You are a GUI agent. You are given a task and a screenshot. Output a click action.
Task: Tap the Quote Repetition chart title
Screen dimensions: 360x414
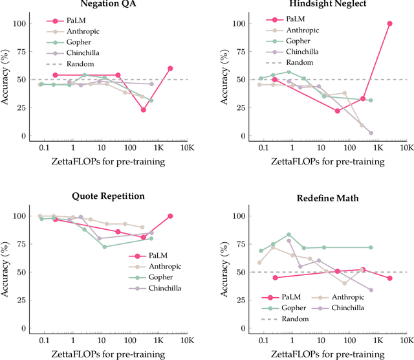108,196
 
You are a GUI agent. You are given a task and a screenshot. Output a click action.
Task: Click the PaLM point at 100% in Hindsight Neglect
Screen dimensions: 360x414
390,23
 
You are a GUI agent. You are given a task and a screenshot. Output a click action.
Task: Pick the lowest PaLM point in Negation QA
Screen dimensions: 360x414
143,110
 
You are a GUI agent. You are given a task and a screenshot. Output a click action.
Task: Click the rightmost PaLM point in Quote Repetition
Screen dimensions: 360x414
170,216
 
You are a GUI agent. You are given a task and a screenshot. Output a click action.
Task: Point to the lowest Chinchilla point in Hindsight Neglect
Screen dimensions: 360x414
371,133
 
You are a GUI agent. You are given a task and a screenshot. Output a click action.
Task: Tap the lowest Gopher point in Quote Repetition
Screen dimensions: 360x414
104,247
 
